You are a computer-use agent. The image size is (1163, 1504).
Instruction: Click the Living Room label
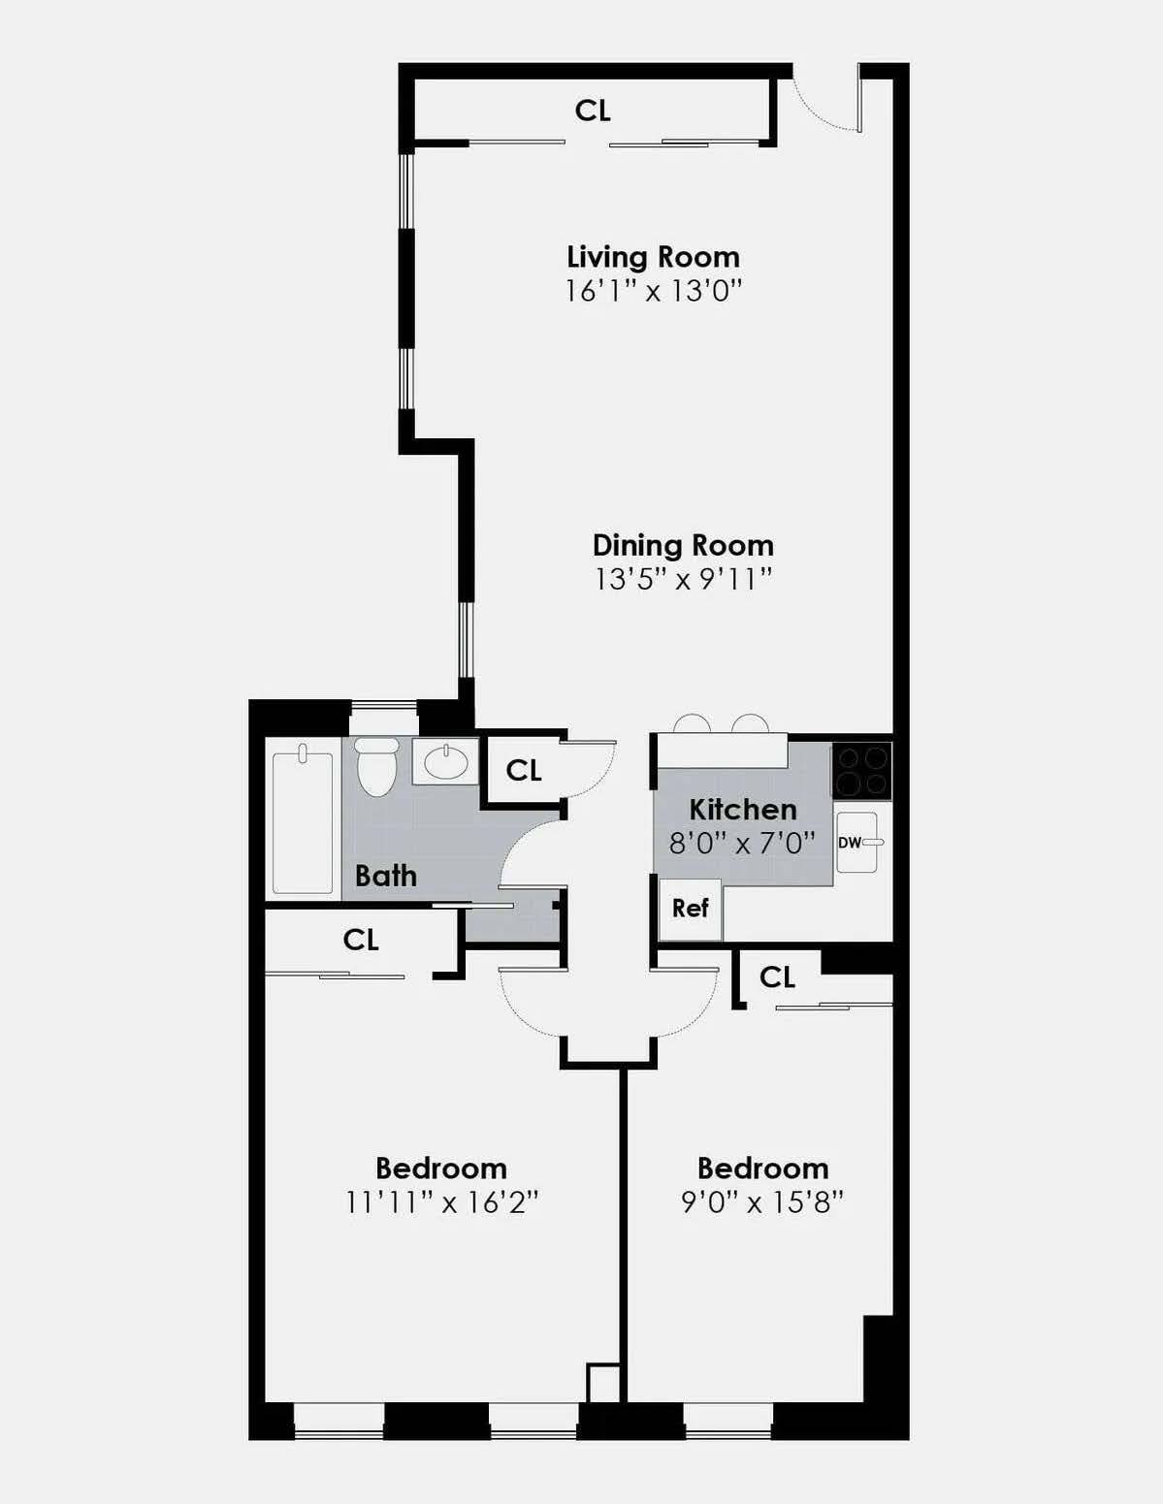(x=653, y=257)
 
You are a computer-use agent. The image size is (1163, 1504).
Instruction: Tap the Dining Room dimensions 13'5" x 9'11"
(x=683, y=579)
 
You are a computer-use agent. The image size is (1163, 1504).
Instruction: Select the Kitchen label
(x=743, y=809)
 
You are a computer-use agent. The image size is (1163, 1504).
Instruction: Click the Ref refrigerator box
(x=690, y=909)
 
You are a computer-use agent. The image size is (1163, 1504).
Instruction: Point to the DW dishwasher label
(x=849, y=843)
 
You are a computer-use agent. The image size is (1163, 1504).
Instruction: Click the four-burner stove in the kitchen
(x=861, y=771)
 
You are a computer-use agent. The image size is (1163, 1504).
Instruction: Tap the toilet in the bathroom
(x=376, y=766)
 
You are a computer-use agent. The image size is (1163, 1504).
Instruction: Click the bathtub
(x=303, y=822)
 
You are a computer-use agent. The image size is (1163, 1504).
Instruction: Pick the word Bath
(x=385, y=876)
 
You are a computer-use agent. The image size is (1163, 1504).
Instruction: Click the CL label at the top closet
(x=593, y=111)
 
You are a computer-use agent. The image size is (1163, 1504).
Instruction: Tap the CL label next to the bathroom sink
(x=524, y=770)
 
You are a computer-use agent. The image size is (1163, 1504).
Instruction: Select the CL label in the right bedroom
(x=777, y=976)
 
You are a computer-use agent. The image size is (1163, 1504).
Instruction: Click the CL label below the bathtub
(x=361, y=939)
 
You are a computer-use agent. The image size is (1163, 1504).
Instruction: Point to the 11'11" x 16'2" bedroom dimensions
(x=441, y=1202)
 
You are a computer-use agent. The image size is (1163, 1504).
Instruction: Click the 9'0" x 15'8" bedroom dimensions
(x=762, y=1202)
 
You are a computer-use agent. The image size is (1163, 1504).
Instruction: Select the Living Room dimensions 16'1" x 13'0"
(x=653, y=290)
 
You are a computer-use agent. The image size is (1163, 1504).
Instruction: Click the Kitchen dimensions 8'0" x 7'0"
(x=742, y=843)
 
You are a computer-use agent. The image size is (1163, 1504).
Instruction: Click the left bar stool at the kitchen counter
(x=692, y=723)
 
